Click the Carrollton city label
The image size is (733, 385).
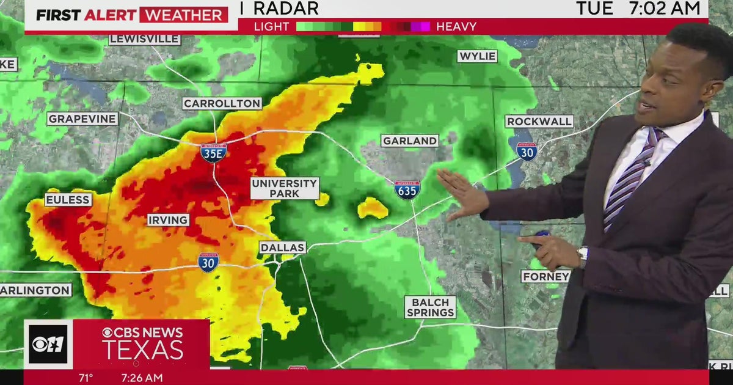tap(222, 103)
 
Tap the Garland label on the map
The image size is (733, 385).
tap(410, 141)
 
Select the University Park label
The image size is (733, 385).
tap(285, 188)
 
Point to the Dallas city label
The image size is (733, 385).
tap(282, 248)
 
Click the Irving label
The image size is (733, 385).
tap(168, 220)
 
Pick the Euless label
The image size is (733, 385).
tap(68, 200)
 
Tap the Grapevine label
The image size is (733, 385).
tap(82, 119)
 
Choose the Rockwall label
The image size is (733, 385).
tap(539, 121)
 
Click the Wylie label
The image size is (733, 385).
tap(477, 56)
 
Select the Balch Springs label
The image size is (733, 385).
tap(431, 307)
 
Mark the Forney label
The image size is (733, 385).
tap(545, 276)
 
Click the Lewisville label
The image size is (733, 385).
tap(145, 39)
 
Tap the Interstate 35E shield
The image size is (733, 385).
tap(213, 152)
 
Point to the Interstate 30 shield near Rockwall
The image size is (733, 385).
tap(526, 151)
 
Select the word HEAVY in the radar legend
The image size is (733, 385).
tap(457, 26)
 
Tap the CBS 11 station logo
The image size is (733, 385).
tap(48, 344)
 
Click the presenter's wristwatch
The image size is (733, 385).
tap(582, 256)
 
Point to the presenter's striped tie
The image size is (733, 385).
tap(628, 180)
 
